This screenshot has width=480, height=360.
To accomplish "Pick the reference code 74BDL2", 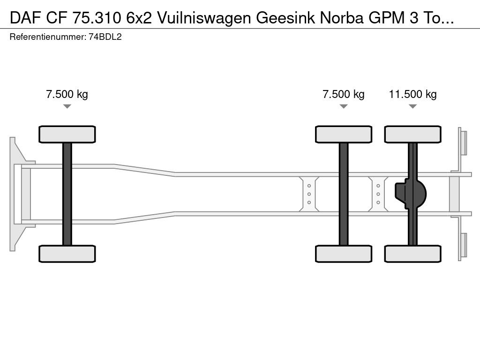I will tap(105, 37).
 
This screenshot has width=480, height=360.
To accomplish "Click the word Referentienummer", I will tap(47, 37).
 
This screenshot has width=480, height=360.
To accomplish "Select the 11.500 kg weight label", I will tap(412, 94).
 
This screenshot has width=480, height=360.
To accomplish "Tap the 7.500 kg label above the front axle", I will tap(67, 94).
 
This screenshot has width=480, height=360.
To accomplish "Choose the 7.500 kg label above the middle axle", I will tap(344, 94).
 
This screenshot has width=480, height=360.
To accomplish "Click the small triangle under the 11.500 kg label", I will tap(412, 106).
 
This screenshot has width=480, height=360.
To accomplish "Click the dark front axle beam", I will tap(67, 194).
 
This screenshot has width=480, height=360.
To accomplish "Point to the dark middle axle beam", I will tap(344, 194).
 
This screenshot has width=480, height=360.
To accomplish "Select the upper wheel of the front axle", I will tap(67, 134).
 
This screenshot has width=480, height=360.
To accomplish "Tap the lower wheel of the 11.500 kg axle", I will tap(412, 254).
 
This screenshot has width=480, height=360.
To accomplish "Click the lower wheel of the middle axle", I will tap(344, 254).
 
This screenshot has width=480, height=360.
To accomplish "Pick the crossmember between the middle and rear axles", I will tap(378, 194).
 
